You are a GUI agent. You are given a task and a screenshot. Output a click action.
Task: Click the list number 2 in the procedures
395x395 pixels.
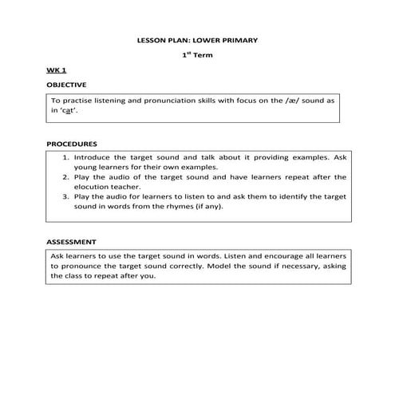(65, 177)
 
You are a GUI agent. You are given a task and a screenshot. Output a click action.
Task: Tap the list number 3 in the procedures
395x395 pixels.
(65, 196)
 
